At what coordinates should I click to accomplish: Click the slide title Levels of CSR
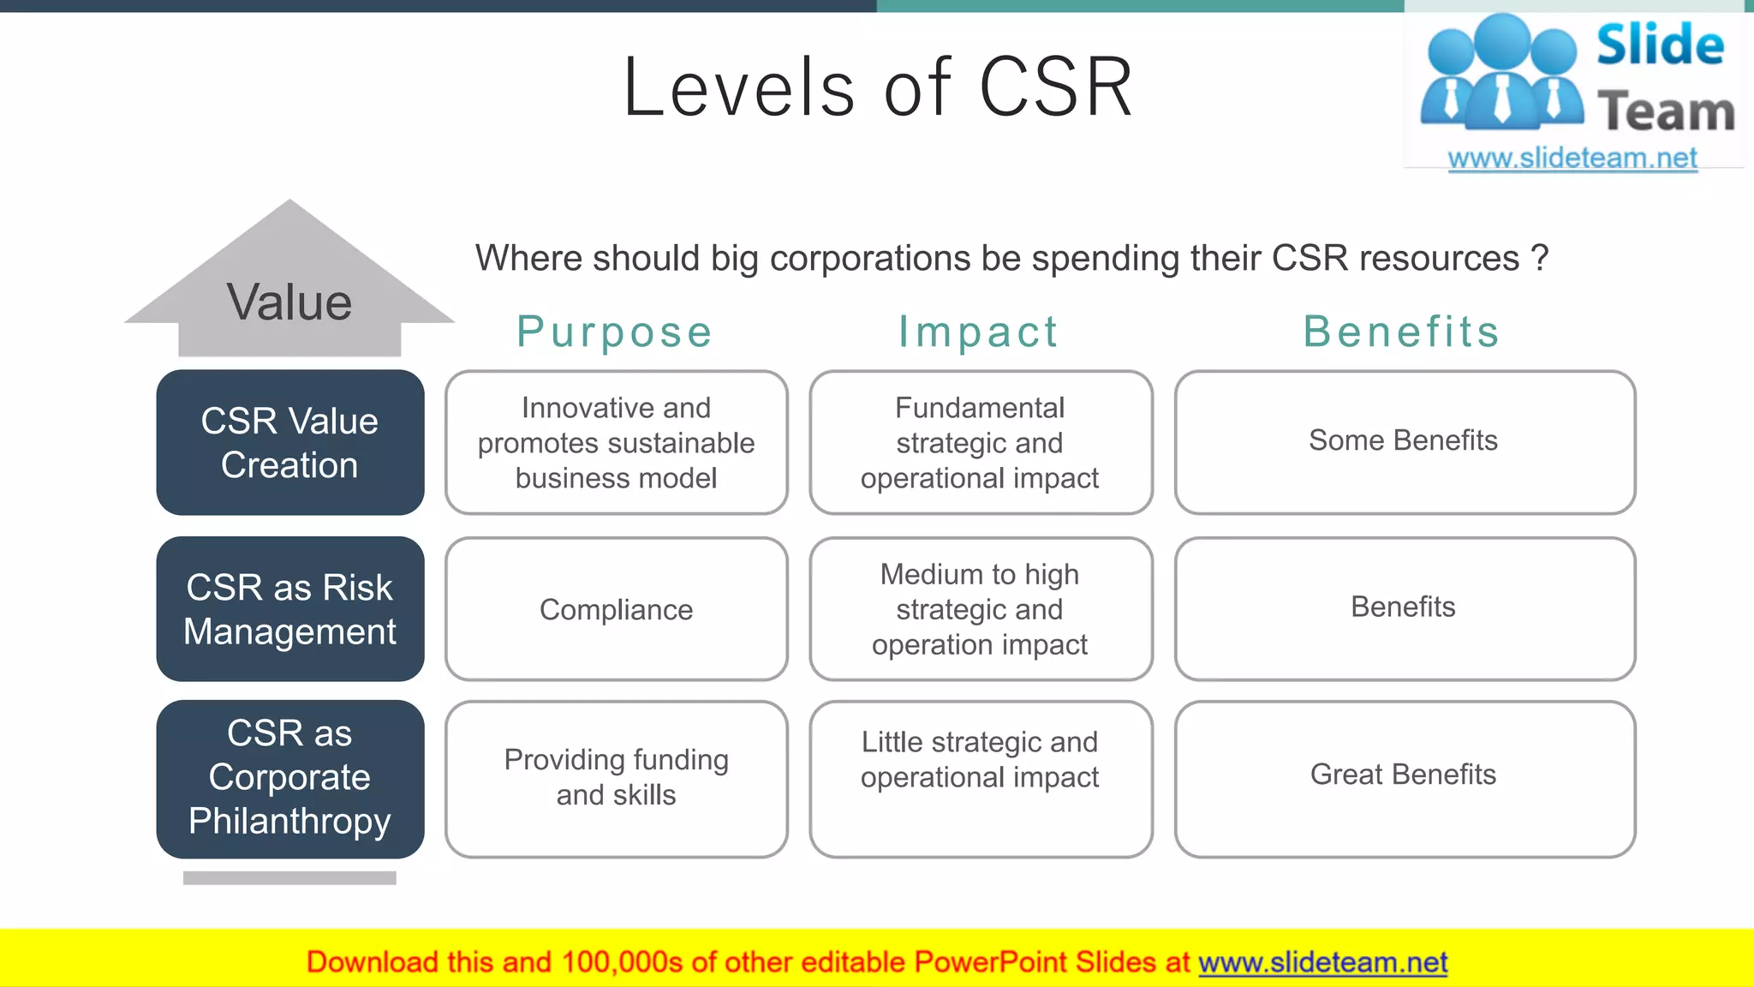click(878, 88)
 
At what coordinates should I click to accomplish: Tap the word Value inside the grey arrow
click(289, 302)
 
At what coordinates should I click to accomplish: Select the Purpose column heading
click(614, 332)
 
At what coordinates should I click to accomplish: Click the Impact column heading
click(978, 332)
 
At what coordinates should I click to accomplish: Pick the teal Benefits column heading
click(1401, 332)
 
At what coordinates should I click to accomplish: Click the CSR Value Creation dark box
click(289, 443)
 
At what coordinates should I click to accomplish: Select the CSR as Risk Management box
click(289, 609)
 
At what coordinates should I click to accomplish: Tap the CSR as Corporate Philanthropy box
click(289, 778)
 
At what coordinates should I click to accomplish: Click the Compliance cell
click(616, 609)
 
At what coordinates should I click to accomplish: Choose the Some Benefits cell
click(1404, 441)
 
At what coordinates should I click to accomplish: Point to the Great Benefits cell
click(1404, 775)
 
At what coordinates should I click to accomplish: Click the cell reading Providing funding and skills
click(616, 777)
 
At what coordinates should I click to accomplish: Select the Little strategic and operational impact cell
click(980, 761)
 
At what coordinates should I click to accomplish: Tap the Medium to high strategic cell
click(980, 609)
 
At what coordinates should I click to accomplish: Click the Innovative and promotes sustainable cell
click(616, 443)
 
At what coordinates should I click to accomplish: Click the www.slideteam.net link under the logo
click(1572, 159)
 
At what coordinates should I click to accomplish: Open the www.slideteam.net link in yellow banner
click(1322, 962)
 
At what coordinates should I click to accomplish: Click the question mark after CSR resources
click(1540, 258)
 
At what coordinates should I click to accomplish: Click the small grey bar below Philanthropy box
click(289, 877)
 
